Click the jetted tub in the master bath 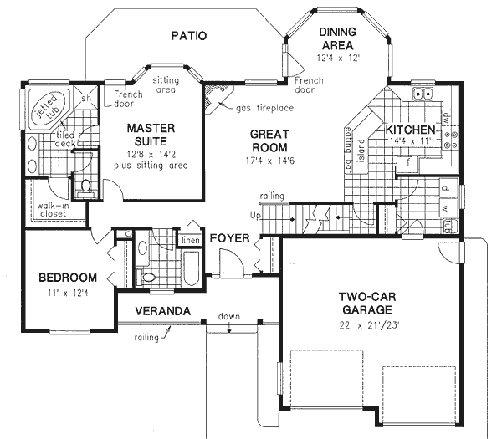click(x=43, y=108)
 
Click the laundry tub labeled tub click(x=448, y=225)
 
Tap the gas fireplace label click(x=263, y=109)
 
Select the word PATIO click(x=189, y=35)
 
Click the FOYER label click(x=230, y=238)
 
